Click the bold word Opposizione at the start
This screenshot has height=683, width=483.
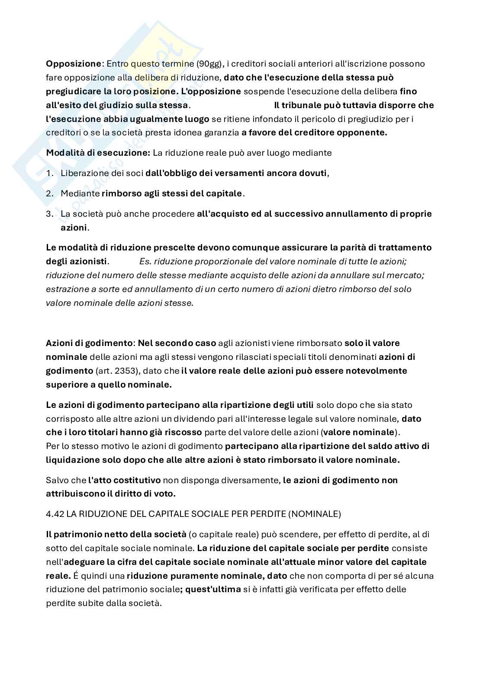pos(73,64)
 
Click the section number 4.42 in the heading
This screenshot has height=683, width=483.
pos(55,514)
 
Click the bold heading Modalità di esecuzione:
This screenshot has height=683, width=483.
pos(98,153)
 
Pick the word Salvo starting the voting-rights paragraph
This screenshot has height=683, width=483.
pos(56,480)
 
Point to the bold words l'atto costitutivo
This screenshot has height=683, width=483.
pos(125,480)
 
